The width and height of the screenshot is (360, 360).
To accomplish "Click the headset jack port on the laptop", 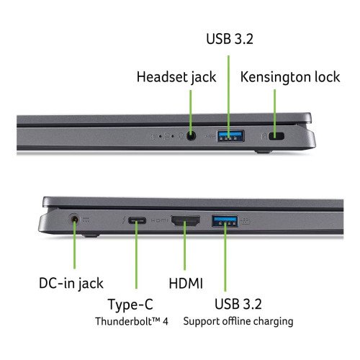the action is click(x=191, y=136).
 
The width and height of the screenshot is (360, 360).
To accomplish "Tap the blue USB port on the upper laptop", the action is click(x=231, y=136).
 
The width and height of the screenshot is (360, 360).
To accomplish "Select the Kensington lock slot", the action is click(x=276, y=136).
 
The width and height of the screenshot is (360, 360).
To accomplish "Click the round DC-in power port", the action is click(x=74, y=220).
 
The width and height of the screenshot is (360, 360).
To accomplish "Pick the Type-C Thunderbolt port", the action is click(x=137, y=220).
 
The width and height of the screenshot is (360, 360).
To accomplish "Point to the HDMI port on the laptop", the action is click(x=185, y=221).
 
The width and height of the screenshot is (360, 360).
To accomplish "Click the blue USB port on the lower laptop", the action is click(x=225, y=221).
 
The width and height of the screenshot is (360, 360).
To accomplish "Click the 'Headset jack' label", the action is click(x=176, y=77).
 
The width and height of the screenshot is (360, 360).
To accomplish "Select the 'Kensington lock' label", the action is click(x=290, y=77).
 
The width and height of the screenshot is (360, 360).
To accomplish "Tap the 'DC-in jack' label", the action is click(x=71, y=283).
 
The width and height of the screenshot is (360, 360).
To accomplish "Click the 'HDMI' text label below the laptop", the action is click(x=186, y=283).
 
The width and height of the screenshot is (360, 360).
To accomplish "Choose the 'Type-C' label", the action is click(x=130, y=305).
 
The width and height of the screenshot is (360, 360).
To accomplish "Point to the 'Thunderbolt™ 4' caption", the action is click(x=132, y=321).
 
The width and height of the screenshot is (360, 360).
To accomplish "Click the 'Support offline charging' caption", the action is click(x=238, y=321).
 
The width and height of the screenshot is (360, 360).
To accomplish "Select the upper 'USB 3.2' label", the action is click(x=230, y=39).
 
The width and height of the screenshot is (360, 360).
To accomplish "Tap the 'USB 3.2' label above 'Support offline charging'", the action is click(x=238, y=304).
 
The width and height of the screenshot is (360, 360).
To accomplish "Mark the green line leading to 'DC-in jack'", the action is click(x=75, y=244).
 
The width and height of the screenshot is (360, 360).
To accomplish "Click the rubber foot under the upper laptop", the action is click(x=264, y=152).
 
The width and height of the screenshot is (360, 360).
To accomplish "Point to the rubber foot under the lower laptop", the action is click(x=91, y=235).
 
